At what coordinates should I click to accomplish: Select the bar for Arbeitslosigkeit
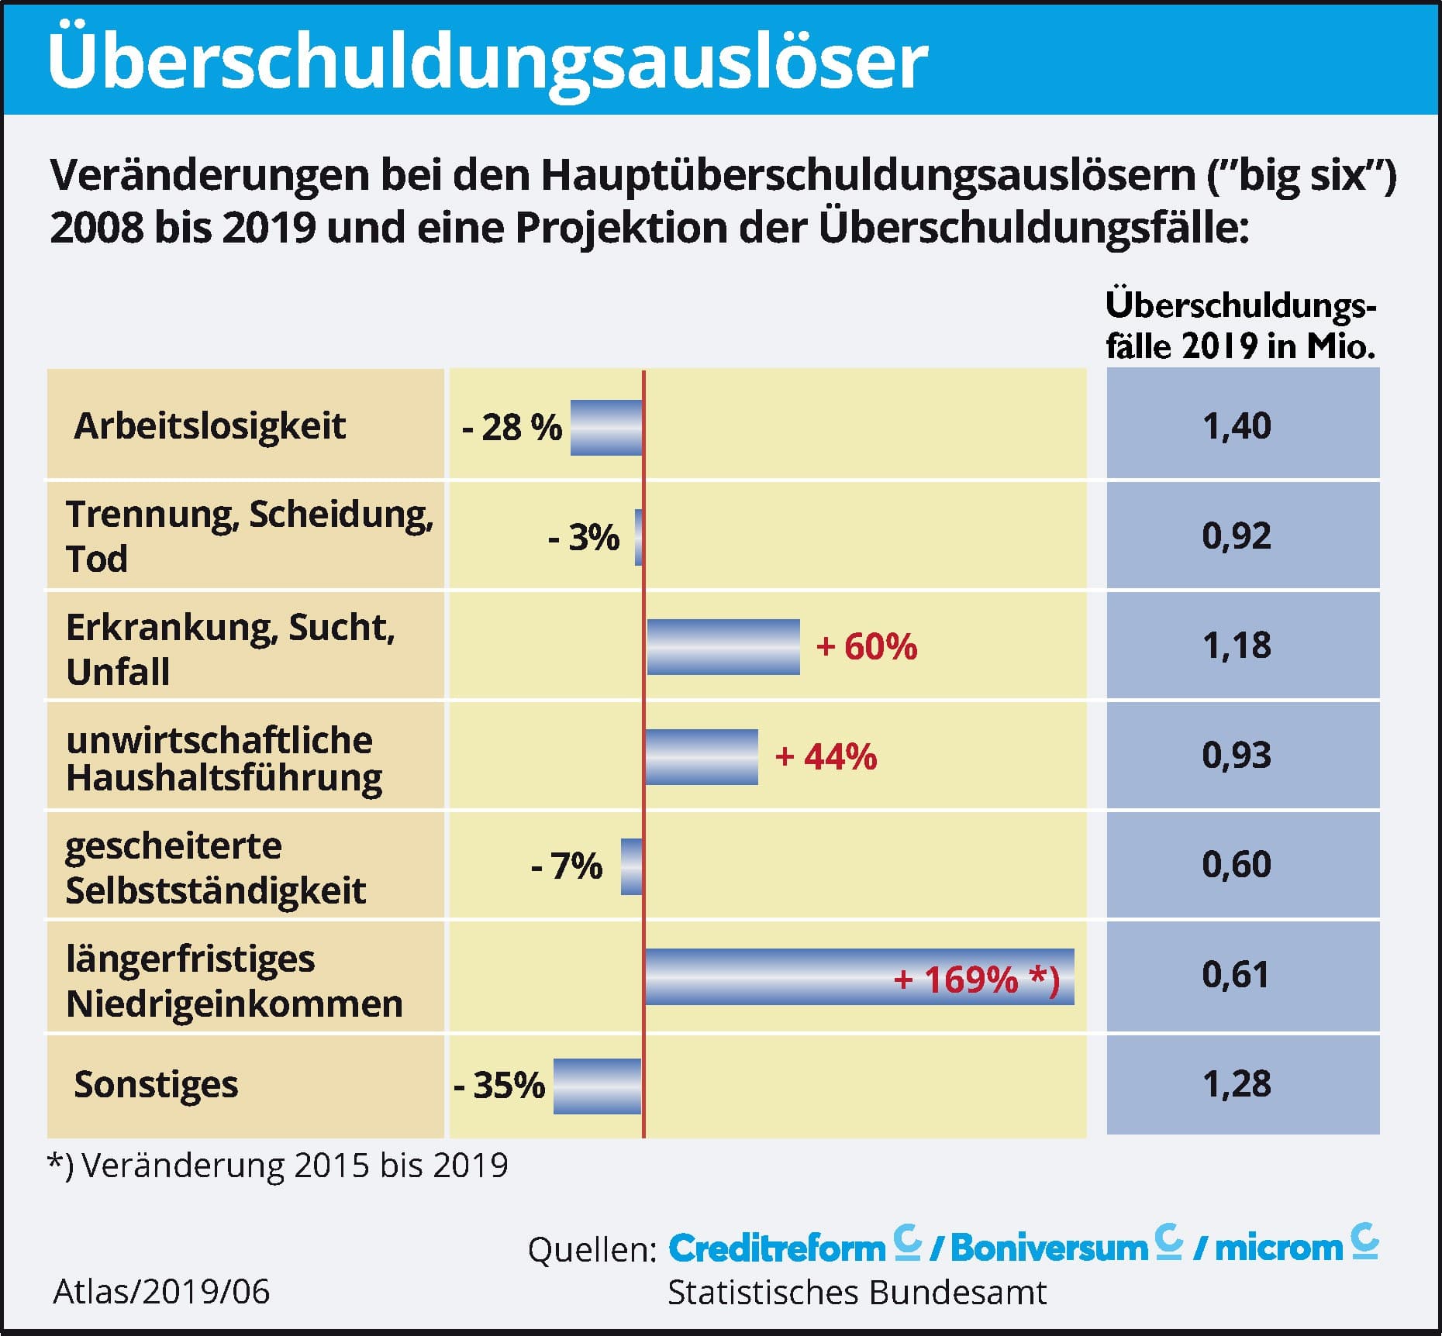point(606,428)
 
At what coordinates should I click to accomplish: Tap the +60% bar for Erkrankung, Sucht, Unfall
point(723,647)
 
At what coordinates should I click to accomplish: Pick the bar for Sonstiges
point(597,1086)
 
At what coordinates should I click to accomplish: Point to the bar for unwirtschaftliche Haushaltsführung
point(701,757)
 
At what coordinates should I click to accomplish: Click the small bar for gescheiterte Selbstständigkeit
point(631,866)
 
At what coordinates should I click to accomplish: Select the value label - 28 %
point(512,428)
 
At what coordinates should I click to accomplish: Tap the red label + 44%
point(826,756)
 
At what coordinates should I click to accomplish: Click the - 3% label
point(583,537)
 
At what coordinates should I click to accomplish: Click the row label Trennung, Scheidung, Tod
point(248,535)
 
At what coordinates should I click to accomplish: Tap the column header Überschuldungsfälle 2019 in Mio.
point(1240,326)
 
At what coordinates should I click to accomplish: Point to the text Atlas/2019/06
point(161,1292)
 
